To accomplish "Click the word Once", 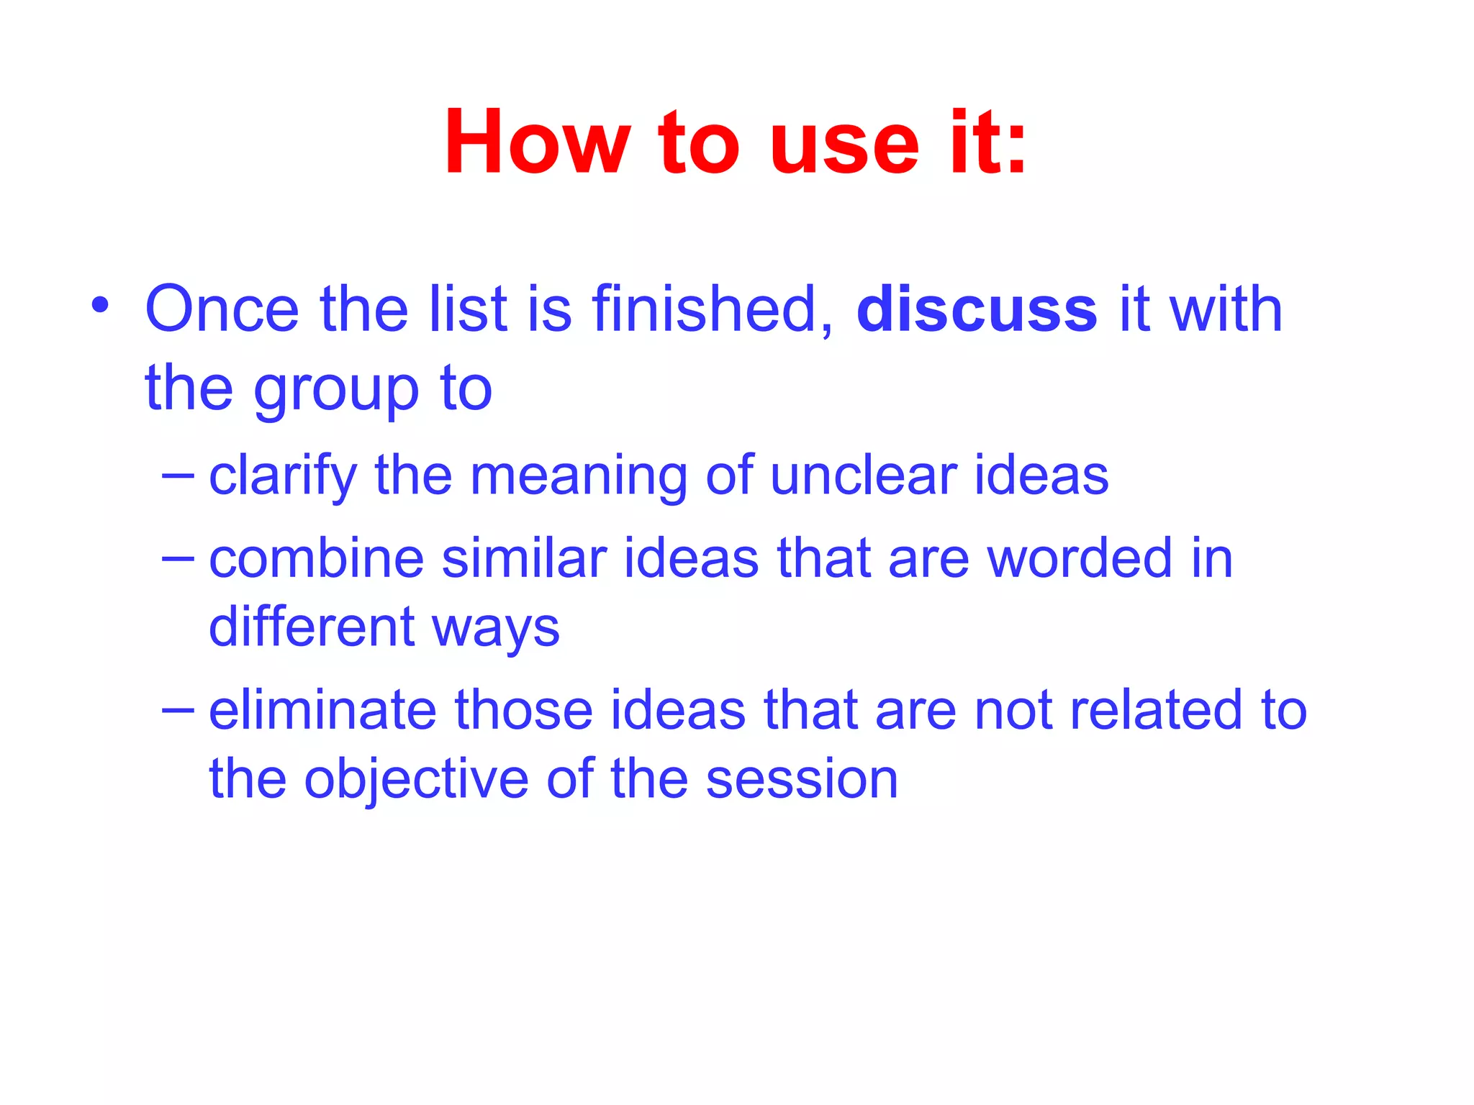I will click(x=222, y=309).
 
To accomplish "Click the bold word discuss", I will click(x=977, y=309).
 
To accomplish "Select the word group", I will click(x=336, y=391).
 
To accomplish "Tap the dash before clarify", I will click(x=178, y=475).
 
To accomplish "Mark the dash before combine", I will click(x=178, y=558).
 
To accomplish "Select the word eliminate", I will click(x=322, y=710).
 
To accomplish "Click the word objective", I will click(x=416, y=780).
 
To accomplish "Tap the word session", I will click(x=802, y=780).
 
